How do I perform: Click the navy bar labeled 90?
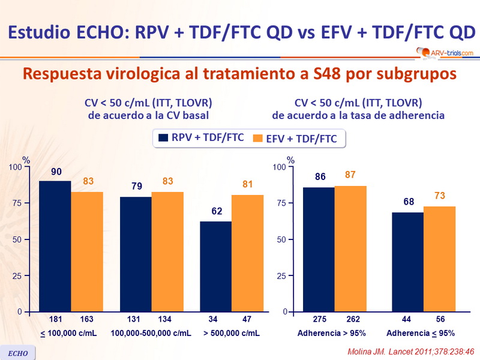point(55,246)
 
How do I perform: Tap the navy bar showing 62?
point(215,266)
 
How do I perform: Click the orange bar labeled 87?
point(350,248)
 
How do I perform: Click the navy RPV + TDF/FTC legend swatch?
point(163,139)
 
